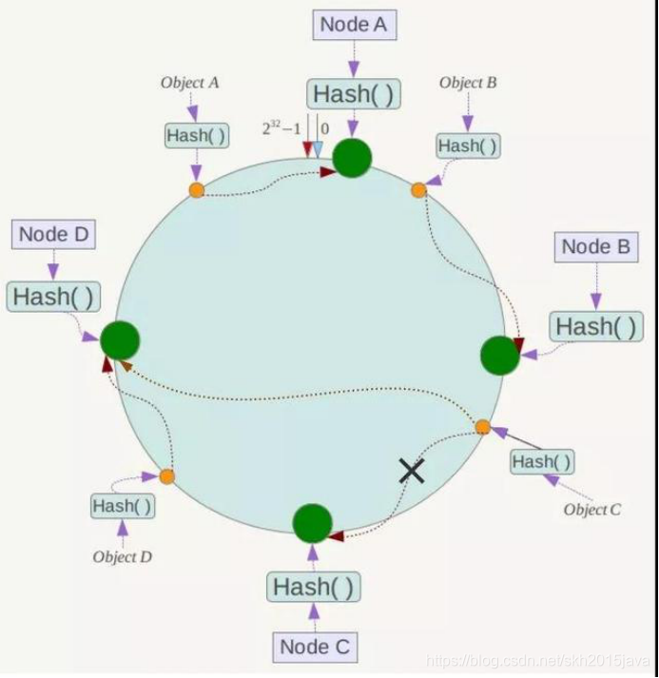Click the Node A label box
pos(353,26)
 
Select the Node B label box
pos(596,247)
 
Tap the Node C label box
pos(316,648)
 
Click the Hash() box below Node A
pos(353,94)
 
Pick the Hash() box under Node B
pos(597,326)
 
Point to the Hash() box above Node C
pos(314,587)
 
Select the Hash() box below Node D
pos(54,296)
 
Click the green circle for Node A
pos(352,157)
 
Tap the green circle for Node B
pos(500,355)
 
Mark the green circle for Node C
pos(312,523)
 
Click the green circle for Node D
pos(120,340)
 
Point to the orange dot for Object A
pos(196,190)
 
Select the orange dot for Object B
pos(418,190)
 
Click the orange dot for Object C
pos(482,427)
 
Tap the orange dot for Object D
pos(167,475)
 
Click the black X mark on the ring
pos(411,469)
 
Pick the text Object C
pos(592,510)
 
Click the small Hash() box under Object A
pos(197,136)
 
